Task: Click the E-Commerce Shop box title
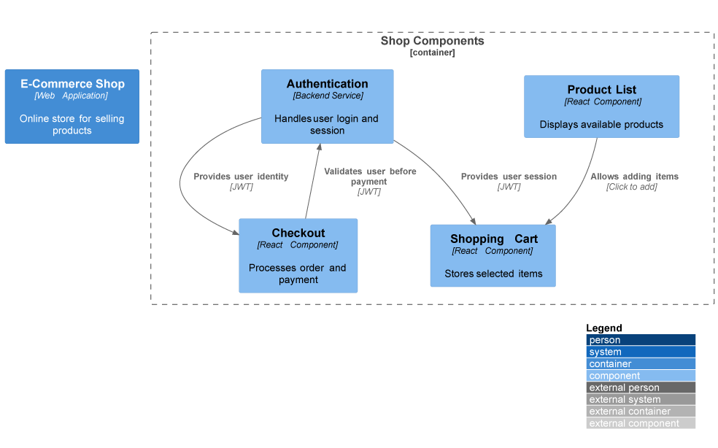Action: pyautogui.click(x=72, y=84)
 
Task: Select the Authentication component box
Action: pyautogui.click(x=327, y=107)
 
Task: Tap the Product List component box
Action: pyautogui.click(x=601, y=107)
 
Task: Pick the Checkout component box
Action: pyautogui.click(x=298, y=255)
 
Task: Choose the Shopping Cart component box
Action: pyautogui.click(x=493, y=255)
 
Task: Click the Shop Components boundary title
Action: pyautogui.click(x=432, y=41)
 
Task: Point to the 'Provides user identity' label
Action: pyautogui.click(x=241, y=177)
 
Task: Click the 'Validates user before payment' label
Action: pyautogui.click(x=370, y=177)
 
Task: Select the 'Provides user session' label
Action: pyautogui.click(x=509, y=177)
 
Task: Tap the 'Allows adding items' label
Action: pyautogui.click(x=634, y=177)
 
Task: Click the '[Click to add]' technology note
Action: pyautogui.click(x=631, y=187)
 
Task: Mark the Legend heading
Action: pyautogui.click(x=603, y=328)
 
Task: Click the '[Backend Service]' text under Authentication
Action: pyautogui.click(x=328, y=96)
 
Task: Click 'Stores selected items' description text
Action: pyautogui.click(x=493, y=274)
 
